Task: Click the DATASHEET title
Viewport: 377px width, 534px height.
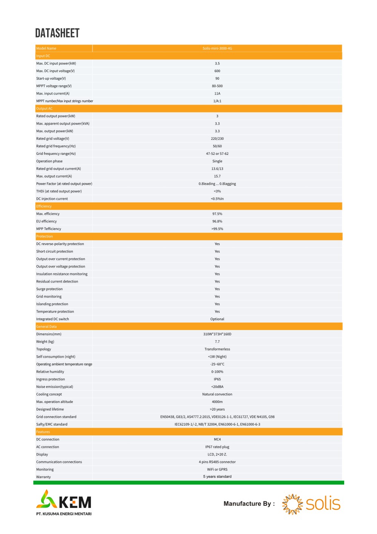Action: coord(57,33)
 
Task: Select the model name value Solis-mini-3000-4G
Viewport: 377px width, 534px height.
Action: coord(217,48)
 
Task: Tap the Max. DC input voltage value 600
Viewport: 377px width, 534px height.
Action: coord(217,71)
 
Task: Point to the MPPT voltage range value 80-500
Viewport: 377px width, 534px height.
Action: coord(217,86)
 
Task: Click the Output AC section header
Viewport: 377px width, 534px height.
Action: coord(45,109)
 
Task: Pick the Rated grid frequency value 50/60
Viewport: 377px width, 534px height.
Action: coord(217,146)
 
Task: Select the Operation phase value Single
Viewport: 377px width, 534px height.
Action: coord(217,161)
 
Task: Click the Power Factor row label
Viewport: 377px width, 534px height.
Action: coord(64,184)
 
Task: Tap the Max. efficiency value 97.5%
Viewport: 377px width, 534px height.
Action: coord(217,214)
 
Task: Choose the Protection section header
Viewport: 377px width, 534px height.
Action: coord(45,236)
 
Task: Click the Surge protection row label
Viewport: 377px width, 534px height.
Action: coord(49,289)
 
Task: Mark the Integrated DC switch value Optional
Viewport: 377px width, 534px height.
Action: coord(217,319)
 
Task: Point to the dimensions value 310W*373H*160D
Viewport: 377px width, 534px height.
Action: coord(217,334)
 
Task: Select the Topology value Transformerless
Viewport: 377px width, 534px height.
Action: coord(217,349)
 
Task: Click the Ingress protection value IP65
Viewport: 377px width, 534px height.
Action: coord(217,379)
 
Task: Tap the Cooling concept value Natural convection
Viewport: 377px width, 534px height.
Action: coord(217,394)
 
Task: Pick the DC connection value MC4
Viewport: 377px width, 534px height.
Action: coord(217,440)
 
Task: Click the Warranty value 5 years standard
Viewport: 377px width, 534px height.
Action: coord(217,477)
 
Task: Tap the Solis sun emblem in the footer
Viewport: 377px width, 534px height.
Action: coord(292,504)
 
